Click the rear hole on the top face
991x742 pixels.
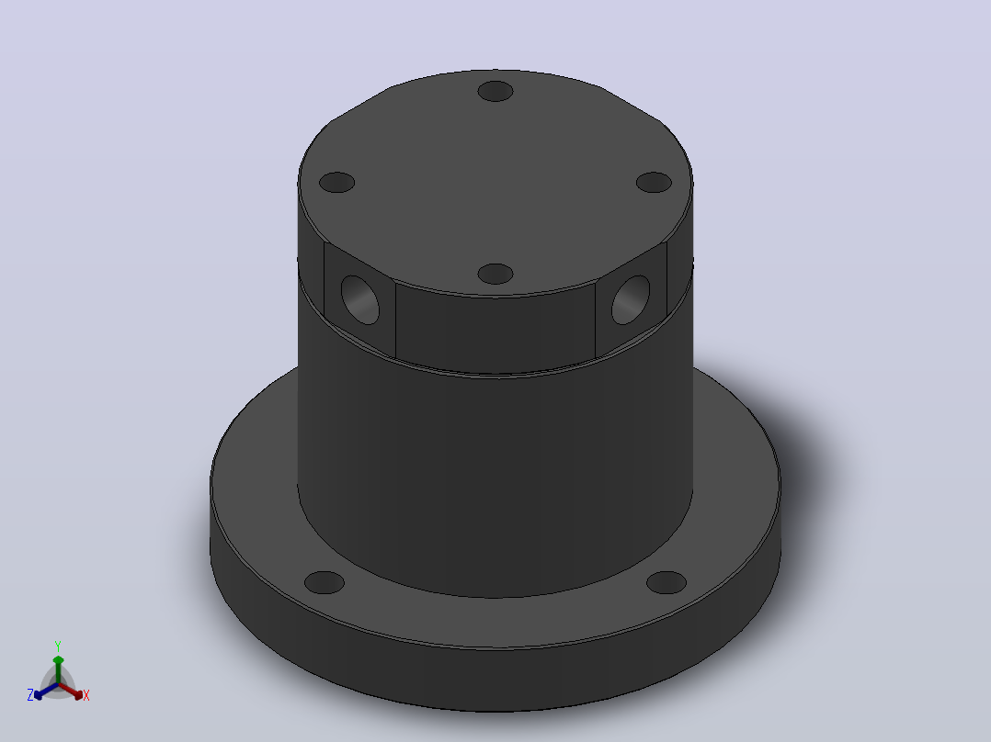point(495,91)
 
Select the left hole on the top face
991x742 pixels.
point(336,183)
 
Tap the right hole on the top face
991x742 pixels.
point(654,183)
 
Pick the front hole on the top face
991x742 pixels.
point(495,274)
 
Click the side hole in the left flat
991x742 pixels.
point(360,300)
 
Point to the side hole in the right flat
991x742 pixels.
point(631,300)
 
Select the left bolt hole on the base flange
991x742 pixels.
point(325,582)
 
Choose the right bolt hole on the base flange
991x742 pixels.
point(666,582)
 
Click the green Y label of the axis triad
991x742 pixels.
point(58,646)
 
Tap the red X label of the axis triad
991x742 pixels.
point(86,695)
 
